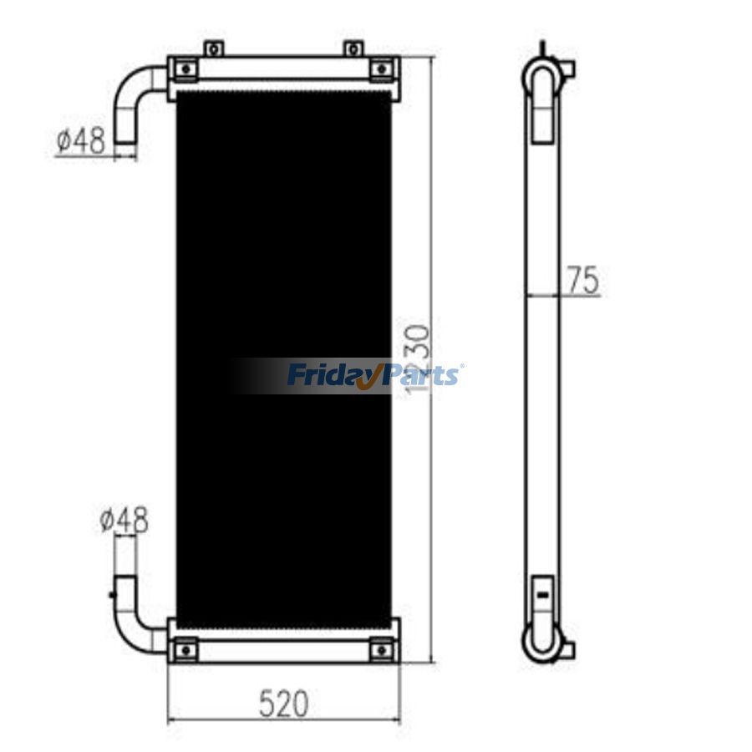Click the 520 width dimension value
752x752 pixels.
tap(283, 704)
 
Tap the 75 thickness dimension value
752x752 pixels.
tap(582, 281)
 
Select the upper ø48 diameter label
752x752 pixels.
tap(81, 142)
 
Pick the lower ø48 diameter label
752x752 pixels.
tap(124, 521)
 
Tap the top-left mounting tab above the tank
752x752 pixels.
tap(215, 48)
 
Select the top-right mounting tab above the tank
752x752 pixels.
tap(354, 48)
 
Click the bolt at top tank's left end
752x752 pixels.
tap(185, 69)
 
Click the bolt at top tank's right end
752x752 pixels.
tap(383, 69)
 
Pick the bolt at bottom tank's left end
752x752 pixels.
tap(185, 648)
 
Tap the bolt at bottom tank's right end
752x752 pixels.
tap(383, 648)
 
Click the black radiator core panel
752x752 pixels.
tap(284, 251)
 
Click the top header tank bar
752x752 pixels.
tap(284, 69)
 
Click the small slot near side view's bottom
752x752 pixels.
tap(542, 594)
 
